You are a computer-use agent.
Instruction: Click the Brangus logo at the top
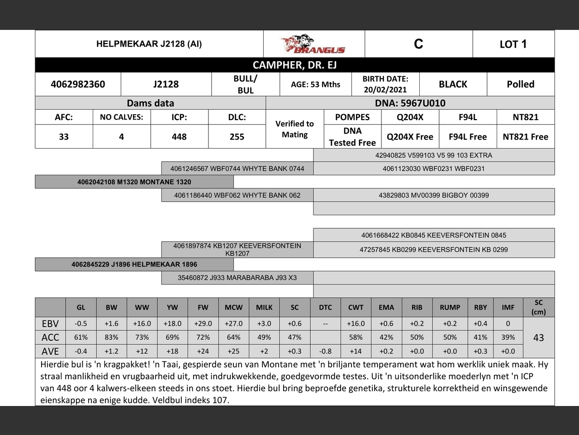click(x=313, y=44)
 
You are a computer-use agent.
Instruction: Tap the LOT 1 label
click(x=513, y=44)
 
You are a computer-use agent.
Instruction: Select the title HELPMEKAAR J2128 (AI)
click(x=149, y=44)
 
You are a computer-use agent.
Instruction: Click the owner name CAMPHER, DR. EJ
click(x=294, y=65)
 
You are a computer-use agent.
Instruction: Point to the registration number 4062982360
click(x=78, y=84)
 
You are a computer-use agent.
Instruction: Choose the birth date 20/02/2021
click(x=385, y=90)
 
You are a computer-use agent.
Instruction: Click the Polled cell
click(x=520, y=84)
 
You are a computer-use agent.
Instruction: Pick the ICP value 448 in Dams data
click(x=179, y=137)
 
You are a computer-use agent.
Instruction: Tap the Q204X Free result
click(x=410, y=137)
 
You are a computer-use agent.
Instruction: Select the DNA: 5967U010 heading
click(x=410, y=103)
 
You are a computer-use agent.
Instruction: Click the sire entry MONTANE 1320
click(x=134, y=182)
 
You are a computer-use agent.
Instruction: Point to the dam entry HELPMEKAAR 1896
click(x=134, y=264)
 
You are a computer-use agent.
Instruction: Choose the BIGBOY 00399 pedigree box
click(x=433, y=195)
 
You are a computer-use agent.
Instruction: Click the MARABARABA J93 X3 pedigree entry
click(x=237, y=278)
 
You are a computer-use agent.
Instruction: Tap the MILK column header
click(x=264, y=307)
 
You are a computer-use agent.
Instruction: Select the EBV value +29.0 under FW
click(x=203, y=324)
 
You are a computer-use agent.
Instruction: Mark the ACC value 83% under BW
click(x=111, y=337)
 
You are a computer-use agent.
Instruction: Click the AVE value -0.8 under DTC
click(x=325, y=351)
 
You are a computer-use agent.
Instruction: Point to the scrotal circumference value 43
click(x=538, y=338)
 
